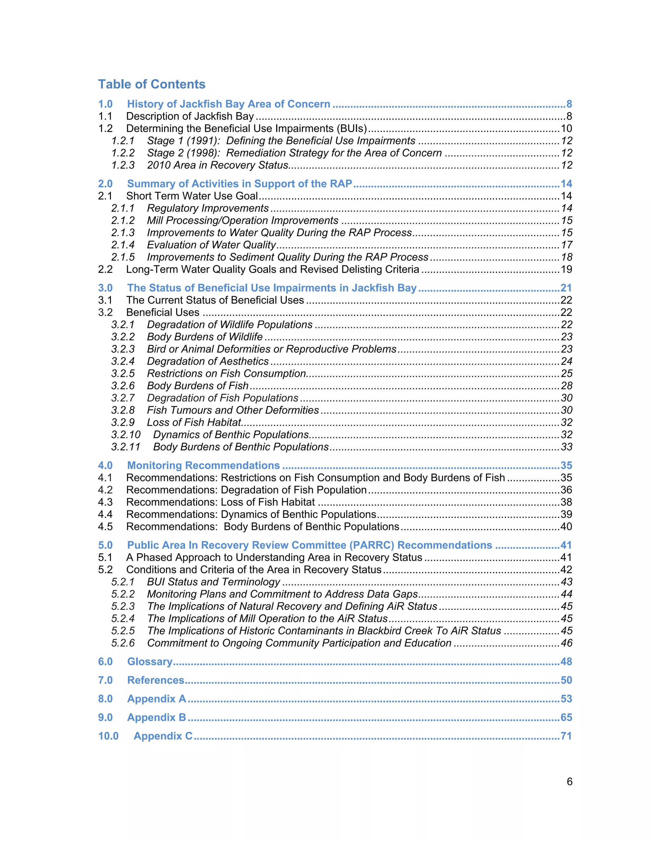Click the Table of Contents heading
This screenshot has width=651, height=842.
coord(152,84)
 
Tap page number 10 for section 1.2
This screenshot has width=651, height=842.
coord(566,128)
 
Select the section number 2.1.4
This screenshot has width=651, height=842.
coord(123,245)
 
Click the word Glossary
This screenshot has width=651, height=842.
coord(150,662)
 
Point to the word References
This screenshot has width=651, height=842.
coord(156,680)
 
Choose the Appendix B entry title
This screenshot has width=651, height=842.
coord(157,717)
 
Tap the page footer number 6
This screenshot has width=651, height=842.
coord(569,782)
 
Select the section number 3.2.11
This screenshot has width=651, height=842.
coord(126,447)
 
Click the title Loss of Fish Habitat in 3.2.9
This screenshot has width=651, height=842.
coord(194,423)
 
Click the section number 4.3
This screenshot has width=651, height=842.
coord(105,502)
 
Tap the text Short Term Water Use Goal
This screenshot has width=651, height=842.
coord(192,196)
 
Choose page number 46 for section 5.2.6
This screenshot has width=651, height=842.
coord(566,643)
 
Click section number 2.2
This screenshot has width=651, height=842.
coord(105,269)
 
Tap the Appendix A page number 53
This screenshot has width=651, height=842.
coord(566,699)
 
